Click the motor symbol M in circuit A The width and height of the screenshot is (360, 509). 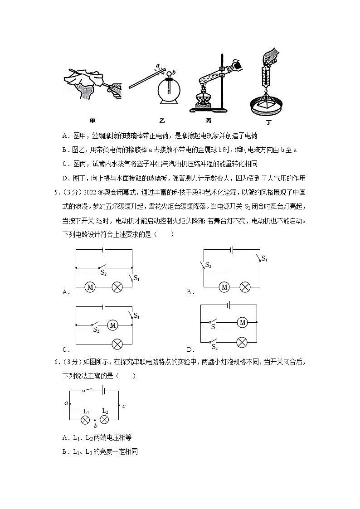click(x=90, y=287)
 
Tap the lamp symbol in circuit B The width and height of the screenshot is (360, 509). click(x=245, y=287)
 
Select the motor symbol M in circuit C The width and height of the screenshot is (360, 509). click(x=112, y=325)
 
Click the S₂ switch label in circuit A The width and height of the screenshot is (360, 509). click(x=103, y=273)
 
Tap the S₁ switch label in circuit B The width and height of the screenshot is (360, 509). click(x=264, y=259)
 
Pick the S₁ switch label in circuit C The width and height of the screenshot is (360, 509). click(x=136, y=315)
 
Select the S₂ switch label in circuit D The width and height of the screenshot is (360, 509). click(x=214, y=347)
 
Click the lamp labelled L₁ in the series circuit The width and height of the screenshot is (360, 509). click(x=85, y=420)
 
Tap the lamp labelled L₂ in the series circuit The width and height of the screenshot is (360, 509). click(x=104, y=420)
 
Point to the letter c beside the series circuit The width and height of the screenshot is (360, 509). click(x=124, y=406)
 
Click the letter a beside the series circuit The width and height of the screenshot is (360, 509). click(x=66, y=403)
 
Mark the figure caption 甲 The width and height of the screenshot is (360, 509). click(x=92, y=121)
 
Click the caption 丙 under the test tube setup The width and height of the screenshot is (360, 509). click(x=208, y=121)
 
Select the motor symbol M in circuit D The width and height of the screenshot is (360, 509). click(x=242, y=322)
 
